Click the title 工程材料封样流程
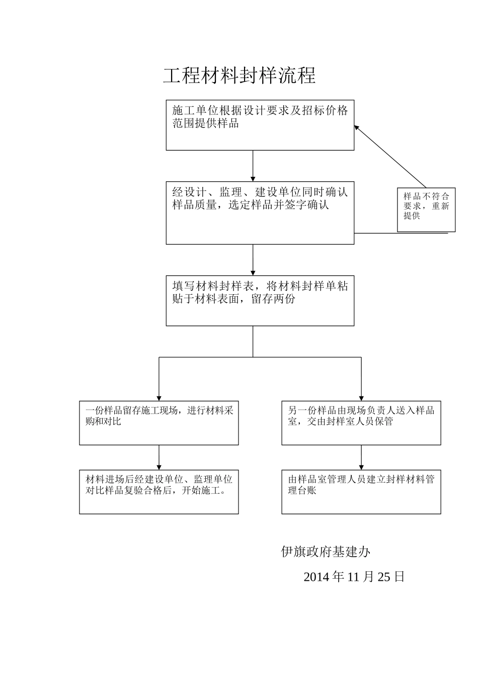(x=240, y=76)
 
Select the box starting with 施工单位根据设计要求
(x=260, y=125)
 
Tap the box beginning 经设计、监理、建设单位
(x=260, y=213)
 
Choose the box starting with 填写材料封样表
(x=260, y=300)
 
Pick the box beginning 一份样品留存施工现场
(x=158, y=423)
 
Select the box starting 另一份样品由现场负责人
(x=361, y=423)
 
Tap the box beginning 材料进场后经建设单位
(x=158, y=492)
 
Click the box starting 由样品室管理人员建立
(x=361, y=492)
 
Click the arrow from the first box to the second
(x=253, y=166)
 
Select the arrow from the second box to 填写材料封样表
(x=253, y=260)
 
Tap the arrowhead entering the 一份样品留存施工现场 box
(x=159, y=397)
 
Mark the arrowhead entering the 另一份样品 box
(x=361, y=397)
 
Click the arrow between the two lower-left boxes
(x=159, y=457)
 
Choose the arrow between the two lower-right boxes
(x=361, y=457)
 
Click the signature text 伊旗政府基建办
(x=326, y=552)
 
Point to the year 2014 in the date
(x=316, y=577)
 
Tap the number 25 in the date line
(x=384, y=577)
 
